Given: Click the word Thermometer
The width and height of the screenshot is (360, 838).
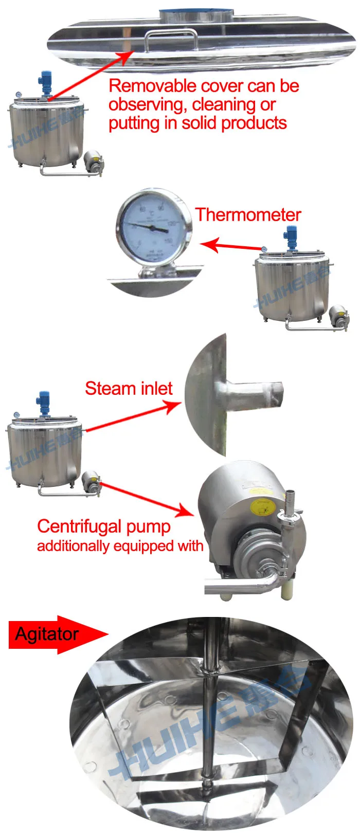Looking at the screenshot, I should click(x=248, y=215).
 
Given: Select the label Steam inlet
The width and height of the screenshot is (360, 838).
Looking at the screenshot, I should click(x=129, y=389).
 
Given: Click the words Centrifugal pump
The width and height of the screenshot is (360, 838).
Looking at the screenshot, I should click(x=104, y=526).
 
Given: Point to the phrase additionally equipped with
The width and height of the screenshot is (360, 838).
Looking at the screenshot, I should click(x=120, y=546).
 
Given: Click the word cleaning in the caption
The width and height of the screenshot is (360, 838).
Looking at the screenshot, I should click(x=223, y=105).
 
